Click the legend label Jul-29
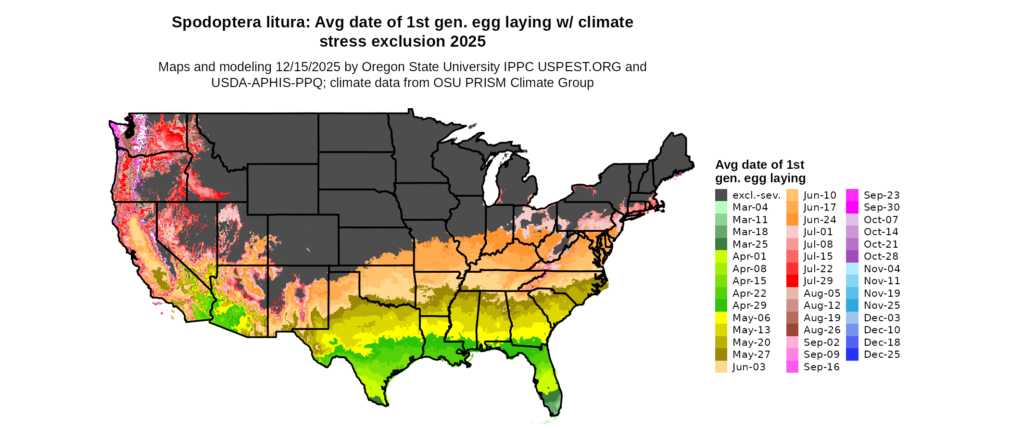[818, 281]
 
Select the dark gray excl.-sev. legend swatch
[721, 195]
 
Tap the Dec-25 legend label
[882, 354]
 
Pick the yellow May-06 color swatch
[721, 318]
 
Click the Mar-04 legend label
[750, 207]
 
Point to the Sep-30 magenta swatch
[852, 207]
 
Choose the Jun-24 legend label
[820, 220]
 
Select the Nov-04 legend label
[882, 269]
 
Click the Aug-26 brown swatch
[792, 330]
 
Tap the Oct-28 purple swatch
[852, 256]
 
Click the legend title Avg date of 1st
[759, 165]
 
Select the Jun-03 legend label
[748, 367]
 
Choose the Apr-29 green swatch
[721, 305]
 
